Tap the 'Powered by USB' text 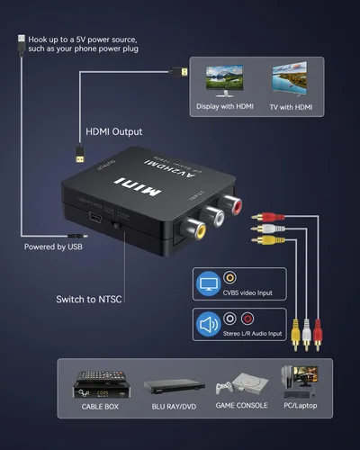pos(53,245)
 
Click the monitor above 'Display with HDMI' pos(224,81)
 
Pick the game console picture pos(238,388)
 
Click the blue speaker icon pos(206,322)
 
